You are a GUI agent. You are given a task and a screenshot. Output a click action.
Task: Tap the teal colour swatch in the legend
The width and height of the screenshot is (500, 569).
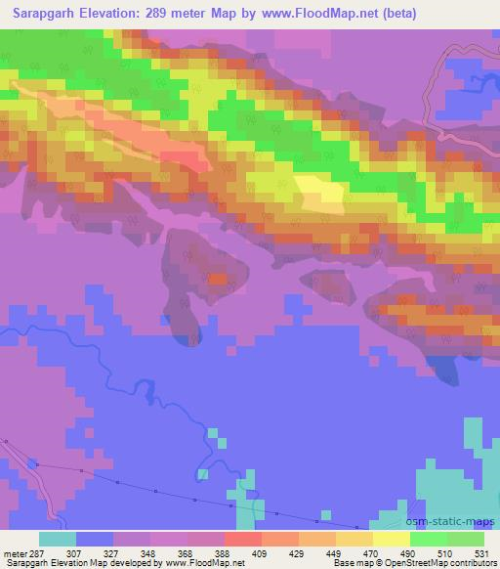tap(58, 539)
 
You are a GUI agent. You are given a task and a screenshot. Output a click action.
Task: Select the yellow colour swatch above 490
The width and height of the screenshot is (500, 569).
tap(391, 539)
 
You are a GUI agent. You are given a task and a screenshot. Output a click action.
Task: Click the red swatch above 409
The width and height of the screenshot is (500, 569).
tap(242, 539)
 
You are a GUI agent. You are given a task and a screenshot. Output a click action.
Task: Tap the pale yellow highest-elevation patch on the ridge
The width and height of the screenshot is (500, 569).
tap(318, 194)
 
